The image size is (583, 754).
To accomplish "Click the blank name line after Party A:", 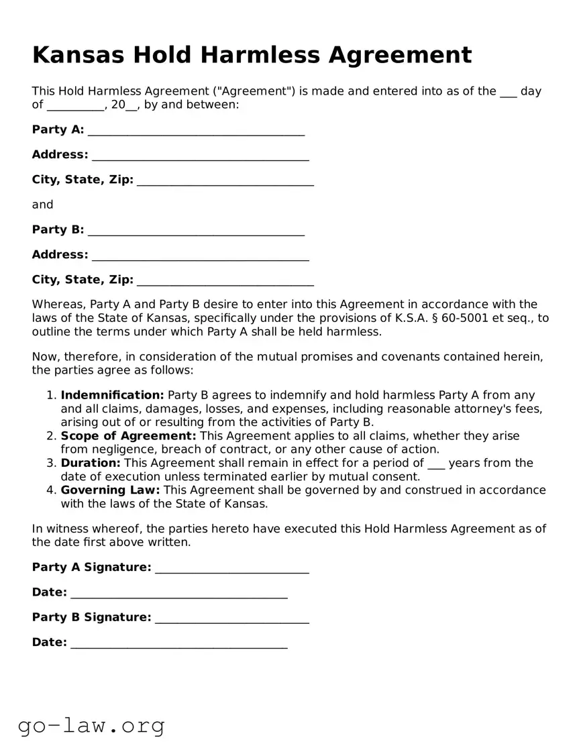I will point(196,131).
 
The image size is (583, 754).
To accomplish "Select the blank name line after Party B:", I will point(196,231).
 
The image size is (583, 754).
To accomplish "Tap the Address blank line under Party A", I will point(200,156).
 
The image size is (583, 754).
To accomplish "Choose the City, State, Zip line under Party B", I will point(225,280).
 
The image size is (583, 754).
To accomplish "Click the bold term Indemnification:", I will point(112,395).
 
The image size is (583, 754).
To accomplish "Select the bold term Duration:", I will point(91,463).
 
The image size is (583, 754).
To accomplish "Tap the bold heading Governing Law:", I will point(110,490).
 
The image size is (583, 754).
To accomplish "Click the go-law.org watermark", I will point(91,725).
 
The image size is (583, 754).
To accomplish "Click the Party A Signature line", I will point(231,568).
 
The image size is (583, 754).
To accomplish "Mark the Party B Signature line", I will point(231,618).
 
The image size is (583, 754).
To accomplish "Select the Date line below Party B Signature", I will point(178,643).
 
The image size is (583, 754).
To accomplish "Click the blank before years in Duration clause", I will point(436,464).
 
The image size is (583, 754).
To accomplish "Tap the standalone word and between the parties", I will point(42,205).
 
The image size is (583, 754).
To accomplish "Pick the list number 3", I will point(51,463).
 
